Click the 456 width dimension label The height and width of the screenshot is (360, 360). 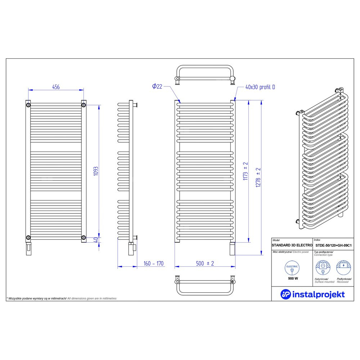[56, 87]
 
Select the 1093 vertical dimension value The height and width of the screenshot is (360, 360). [96, 171]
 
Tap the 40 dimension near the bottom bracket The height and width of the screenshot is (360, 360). [96, 240]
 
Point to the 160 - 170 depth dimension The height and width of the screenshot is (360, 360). [154, 264]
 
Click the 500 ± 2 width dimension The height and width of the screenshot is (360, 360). [205, 264]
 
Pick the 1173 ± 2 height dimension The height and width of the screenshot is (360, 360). [246, 171]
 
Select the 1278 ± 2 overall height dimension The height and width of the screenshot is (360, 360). [258, 177]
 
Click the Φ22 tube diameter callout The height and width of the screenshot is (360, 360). [157, 86]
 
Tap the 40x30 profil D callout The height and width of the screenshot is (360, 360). [260, 87]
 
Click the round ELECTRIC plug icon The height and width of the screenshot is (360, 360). [292, 268]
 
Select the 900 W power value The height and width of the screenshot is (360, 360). [293, 279]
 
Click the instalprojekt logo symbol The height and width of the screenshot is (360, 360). [285, 294]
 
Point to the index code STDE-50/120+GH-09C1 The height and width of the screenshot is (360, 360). [333, 245]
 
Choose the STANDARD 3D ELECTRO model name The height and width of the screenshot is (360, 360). [292, 245]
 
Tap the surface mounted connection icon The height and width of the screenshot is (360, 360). [323, 268]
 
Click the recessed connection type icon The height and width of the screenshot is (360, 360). [343, 267]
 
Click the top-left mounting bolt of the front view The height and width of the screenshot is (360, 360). [28, 105]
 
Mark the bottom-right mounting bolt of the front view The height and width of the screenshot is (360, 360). [84, 237]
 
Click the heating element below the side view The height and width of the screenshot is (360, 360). [132, 248]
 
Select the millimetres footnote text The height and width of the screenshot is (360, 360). [62, 298]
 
